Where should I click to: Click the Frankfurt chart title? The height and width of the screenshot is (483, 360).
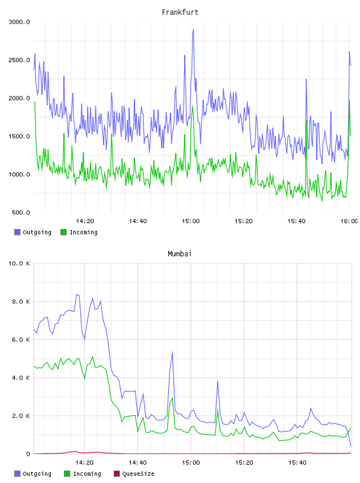180,12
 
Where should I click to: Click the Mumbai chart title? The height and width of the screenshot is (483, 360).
179,253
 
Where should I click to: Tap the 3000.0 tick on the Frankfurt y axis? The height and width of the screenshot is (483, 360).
19,22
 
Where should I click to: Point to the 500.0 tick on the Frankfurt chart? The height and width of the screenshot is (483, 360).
21,212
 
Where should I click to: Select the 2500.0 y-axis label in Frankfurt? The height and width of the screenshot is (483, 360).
19,60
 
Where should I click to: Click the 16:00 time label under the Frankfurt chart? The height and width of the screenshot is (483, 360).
349,221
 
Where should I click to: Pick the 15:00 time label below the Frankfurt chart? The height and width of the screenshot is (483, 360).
191,221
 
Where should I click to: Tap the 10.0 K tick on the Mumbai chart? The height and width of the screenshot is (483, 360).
19,263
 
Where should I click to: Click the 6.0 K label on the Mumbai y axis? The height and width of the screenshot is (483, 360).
21,339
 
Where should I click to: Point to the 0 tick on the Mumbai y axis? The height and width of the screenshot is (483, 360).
28,454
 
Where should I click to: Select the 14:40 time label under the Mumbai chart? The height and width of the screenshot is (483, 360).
137,462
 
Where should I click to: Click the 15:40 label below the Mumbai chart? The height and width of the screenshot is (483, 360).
297,462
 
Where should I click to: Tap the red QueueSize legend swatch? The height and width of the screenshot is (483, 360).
117,474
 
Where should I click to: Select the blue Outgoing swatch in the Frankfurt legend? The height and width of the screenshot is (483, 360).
17,232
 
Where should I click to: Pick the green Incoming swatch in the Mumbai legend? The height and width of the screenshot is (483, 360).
67,474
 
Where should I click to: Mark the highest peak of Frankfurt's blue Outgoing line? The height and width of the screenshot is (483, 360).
193,28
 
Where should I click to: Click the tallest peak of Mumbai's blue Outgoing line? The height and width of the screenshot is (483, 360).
77,295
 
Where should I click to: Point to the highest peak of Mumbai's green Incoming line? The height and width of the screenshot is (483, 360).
92,356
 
